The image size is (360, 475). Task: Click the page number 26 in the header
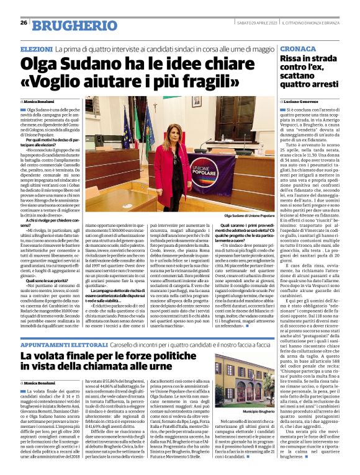[24, 22]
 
